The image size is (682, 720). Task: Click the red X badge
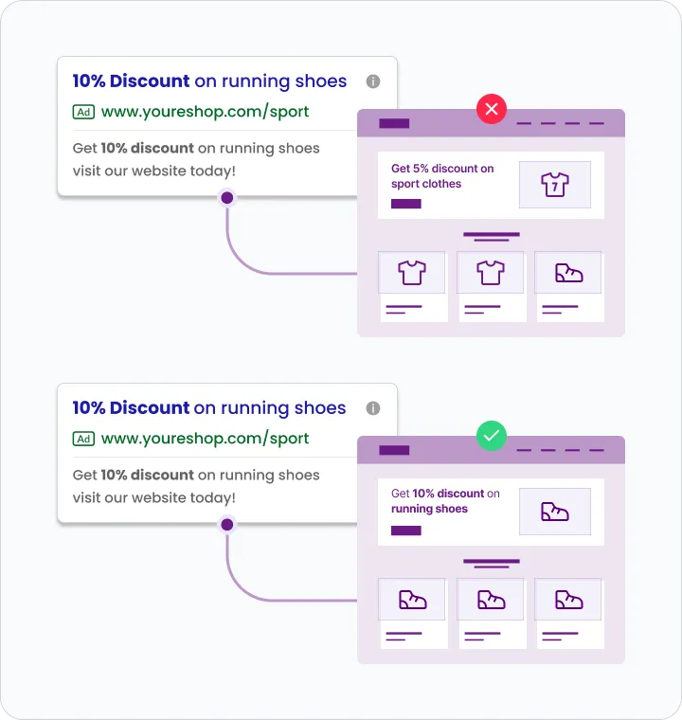[x=491, y=110]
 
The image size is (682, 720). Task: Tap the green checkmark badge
[x=491, y=437]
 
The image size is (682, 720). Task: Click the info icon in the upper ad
[x=373, y=81]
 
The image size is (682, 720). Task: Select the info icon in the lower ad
[x=373, y=408]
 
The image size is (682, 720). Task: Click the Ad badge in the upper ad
[x=83, y=112]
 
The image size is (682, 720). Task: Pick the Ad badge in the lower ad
[x=83, y=439]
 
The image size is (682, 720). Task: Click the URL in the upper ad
[x=205, y=112]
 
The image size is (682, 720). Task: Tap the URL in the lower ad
[x=205, y=439]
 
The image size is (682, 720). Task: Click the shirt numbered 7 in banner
[x=554, y=185]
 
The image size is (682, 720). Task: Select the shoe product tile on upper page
[x=568, y=274]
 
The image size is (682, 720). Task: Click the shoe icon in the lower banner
[x=554, y=512]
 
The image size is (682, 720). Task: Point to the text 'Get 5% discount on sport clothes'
[x=441, y=176]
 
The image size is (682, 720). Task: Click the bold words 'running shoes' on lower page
[x=429, y=509]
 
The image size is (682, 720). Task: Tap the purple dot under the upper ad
[x=226, y=198]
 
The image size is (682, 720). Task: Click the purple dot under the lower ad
[x=226, y=524]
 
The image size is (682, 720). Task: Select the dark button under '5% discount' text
[x=405, y=204]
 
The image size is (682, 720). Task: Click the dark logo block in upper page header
[x=394, y=123]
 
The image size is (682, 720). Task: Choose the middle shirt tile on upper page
[x=490, y=274]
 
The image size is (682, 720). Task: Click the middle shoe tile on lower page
[x=490, y=600]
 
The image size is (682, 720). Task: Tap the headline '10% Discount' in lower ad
[x=131, y=408]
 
